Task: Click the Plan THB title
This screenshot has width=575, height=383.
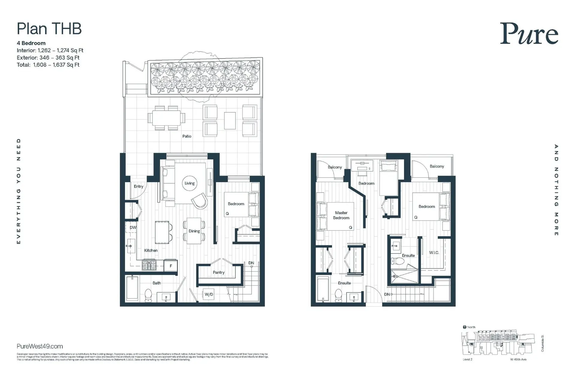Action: (x=49, y=29)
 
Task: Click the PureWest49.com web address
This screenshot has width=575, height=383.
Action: (x=40, y=346)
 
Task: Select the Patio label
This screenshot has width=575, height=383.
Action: (x=187, y=136)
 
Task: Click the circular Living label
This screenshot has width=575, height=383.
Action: (x=190, y=183)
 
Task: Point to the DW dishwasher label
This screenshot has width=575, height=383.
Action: (x=133, y=227)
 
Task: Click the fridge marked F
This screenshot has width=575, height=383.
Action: (x=171, y=266)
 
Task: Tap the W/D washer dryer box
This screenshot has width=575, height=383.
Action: (x=209, y=294)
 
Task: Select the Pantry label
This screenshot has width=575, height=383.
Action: (x=219, y=272)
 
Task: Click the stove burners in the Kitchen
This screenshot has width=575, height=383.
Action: (x=149, y=265)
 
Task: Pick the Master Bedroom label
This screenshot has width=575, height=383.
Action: (x=341, y=215)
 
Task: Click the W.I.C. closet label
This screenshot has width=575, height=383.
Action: (x=434, y=253)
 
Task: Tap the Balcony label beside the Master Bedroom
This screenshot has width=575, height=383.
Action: (x=335, y=167)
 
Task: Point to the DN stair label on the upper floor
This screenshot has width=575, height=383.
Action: (x=387, y=294)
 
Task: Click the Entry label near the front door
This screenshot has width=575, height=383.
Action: (x=138, y=186)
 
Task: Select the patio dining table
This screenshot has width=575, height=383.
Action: (x=166, y=118)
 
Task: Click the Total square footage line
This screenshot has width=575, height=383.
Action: (x=48, y=65)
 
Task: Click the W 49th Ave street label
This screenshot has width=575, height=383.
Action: (x=518, y=359)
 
